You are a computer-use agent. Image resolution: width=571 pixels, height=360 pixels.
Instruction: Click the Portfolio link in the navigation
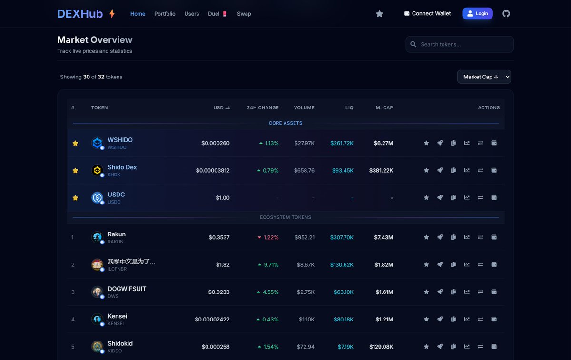point(165,14)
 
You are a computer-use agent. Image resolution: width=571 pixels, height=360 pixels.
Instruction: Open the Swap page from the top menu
point(244,14)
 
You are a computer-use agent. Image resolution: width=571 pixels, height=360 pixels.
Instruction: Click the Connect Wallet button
point(427,14)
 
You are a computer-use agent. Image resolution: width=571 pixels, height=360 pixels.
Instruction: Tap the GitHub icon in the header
point(506,14)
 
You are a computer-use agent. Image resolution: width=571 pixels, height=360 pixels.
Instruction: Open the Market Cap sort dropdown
point(484,77)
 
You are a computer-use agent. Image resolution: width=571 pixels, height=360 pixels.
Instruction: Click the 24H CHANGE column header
point(263,108)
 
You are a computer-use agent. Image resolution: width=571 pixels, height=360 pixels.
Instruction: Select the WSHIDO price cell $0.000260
point(216,143)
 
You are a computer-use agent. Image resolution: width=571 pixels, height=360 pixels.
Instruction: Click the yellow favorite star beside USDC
point(75,198)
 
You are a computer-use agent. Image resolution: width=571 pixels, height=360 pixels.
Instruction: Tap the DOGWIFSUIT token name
point(127,289)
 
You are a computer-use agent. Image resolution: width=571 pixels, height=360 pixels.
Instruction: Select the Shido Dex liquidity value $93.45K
point(343,170)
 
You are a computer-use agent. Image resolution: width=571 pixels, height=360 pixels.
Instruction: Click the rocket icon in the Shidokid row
point(440,347)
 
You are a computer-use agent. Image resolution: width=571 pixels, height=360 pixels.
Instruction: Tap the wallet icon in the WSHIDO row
point(494,143)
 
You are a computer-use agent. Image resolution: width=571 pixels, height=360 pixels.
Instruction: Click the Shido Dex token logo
point(97,170)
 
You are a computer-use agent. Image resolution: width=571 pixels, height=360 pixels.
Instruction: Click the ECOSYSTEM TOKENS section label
point(285,217)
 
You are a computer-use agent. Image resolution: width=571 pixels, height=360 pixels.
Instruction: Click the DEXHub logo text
point(80,14)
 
